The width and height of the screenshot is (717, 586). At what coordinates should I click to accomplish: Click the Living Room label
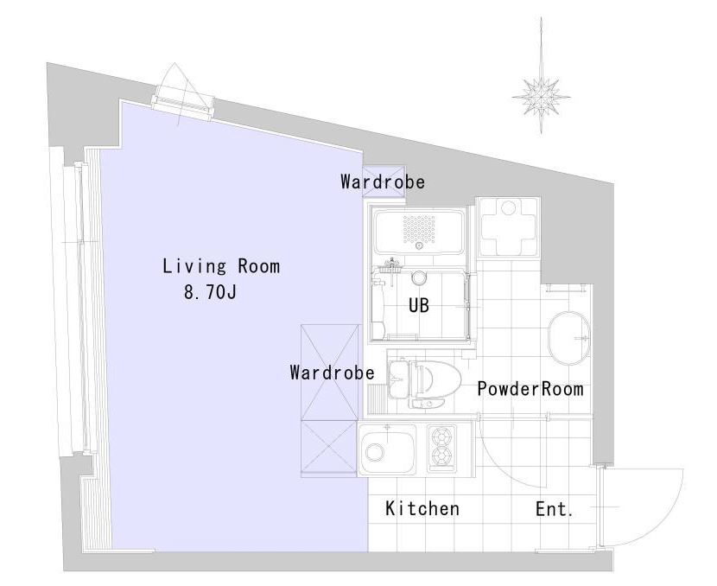pos(221,266)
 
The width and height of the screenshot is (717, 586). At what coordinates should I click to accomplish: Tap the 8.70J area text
pos(210,292)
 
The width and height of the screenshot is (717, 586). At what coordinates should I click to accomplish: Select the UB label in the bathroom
pos(419,306)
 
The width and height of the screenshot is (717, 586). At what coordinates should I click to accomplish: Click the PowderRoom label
pos(530,389)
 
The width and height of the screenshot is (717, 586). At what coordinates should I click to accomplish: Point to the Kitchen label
pos(422,509)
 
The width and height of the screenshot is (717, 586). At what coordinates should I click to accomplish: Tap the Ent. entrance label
pos(555,509)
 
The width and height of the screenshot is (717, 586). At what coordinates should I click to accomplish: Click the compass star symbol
pos(542,96)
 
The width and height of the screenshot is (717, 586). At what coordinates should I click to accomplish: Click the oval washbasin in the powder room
pos(568,338)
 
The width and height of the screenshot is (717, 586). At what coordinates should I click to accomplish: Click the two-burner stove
pos(442,449)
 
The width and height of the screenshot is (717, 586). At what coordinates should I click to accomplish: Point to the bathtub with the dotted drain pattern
pos(418,232)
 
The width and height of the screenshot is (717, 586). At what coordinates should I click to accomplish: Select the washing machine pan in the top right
pos(508,228)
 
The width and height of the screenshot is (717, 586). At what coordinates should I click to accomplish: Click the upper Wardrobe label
pos(383,182)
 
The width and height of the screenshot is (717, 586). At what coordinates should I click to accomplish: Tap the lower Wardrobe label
pos(333,373)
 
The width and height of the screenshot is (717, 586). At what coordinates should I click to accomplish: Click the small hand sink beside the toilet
pos(397,379)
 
